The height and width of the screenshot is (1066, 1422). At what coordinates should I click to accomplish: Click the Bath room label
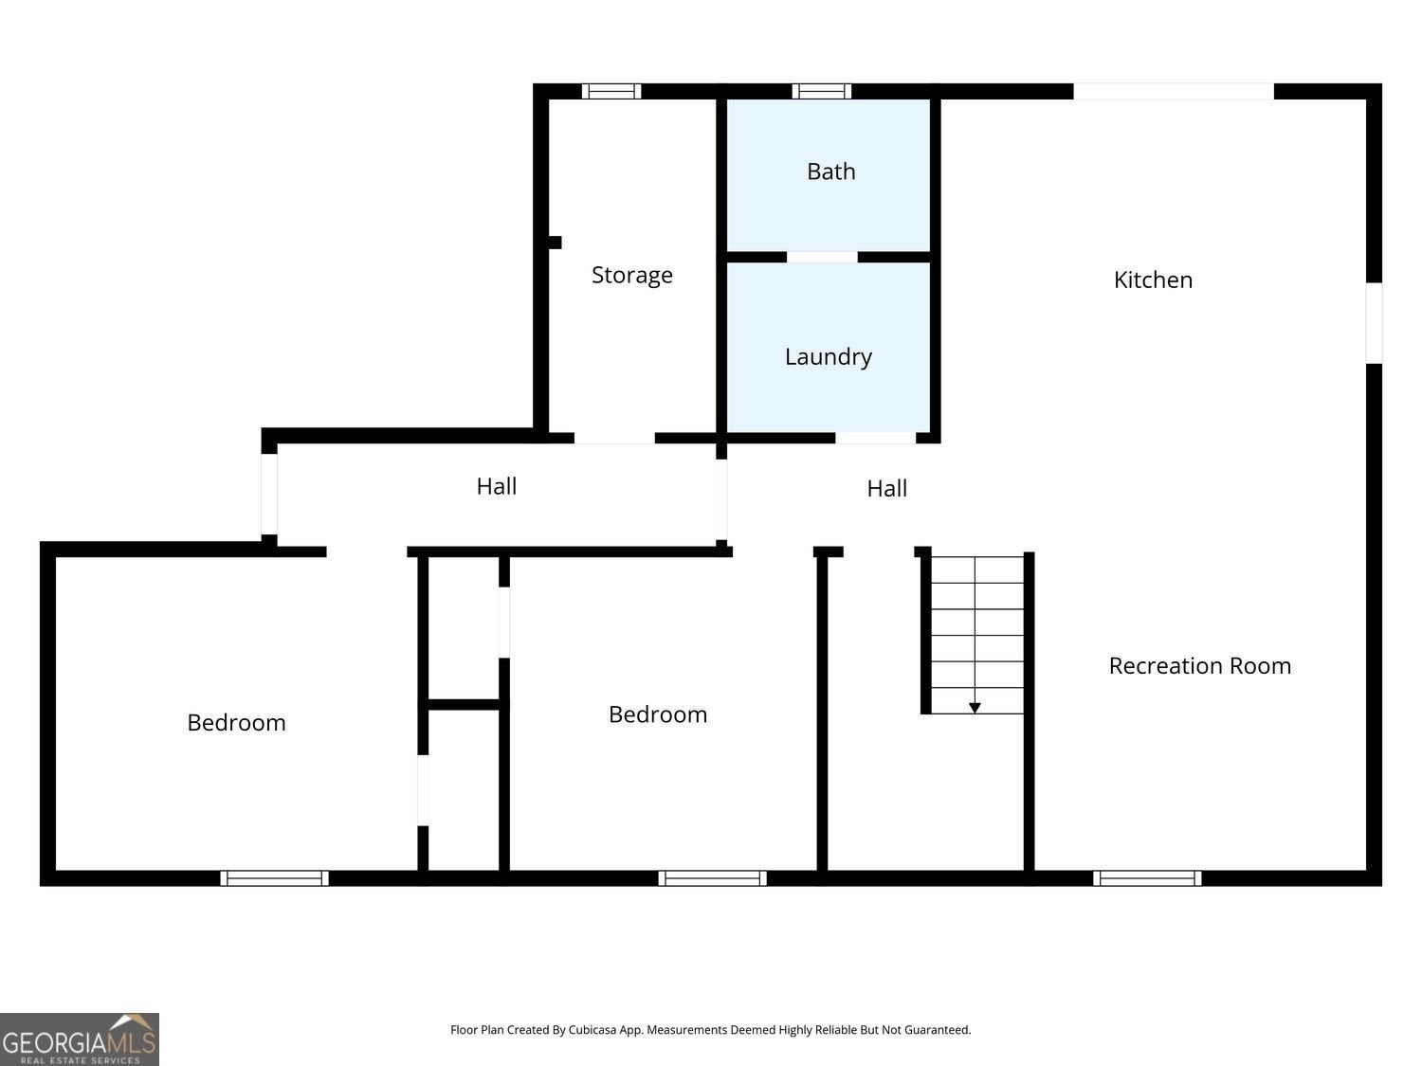click(x=830, y=172)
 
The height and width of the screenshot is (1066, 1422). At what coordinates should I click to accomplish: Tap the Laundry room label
click(x=828, y=357)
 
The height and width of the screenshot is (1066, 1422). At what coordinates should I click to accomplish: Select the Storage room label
click(x=631, y=276)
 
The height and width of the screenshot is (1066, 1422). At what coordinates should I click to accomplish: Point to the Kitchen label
click(x=1153, y=280)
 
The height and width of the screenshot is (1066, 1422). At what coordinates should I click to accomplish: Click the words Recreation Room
click(x=1200, y=666)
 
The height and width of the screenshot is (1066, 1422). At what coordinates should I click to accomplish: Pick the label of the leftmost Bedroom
click(x=236, y=723)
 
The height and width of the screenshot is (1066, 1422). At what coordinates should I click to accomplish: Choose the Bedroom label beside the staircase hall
click(x=658, y=714)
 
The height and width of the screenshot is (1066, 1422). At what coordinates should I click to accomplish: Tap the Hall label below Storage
click(x=496, y=487)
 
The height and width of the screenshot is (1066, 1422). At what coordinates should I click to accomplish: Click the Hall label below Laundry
click(x=886, y=489)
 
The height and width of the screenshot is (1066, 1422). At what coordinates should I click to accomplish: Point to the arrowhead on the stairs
click(x=975, y=708)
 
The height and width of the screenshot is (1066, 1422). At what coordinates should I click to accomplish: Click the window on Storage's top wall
click(x=611, y=91)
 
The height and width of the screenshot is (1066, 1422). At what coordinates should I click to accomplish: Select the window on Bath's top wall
click(x=822, y=91)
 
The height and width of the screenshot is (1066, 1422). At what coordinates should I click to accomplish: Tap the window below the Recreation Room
click(x=1147, y=878)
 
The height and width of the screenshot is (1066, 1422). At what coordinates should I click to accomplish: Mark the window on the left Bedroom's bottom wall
click(x=274, y=878)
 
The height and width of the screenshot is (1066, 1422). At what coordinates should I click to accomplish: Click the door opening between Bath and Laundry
click(x=822, y=258)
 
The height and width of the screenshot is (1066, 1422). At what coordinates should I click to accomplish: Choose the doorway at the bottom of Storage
click(x=614, y=438)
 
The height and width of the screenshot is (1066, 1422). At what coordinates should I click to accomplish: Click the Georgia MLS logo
click(x=79, y=1039)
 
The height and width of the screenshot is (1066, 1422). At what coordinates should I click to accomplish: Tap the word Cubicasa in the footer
click(x=592, y=1030)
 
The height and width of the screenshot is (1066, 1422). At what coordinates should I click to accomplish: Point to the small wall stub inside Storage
click(x=555, y=243)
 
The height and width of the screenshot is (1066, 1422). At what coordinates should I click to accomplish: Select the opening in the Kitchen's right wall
click(x=1374, y=323)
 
